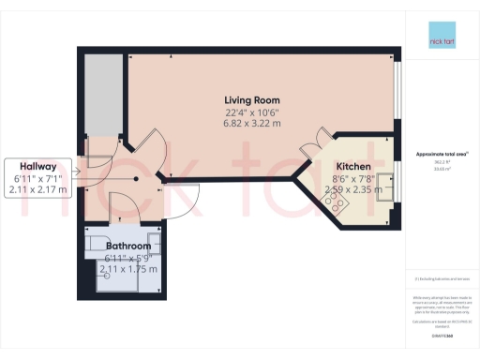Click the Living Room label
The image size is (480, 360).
(x=251, y=100)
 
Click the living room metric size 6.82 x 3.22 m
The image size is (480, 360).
(x=251, y=124)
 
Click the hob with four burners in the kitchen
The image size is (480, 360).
(x=339, y=198)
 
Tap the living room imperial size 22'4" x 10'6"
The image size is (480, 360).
(x=251, y=112)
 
